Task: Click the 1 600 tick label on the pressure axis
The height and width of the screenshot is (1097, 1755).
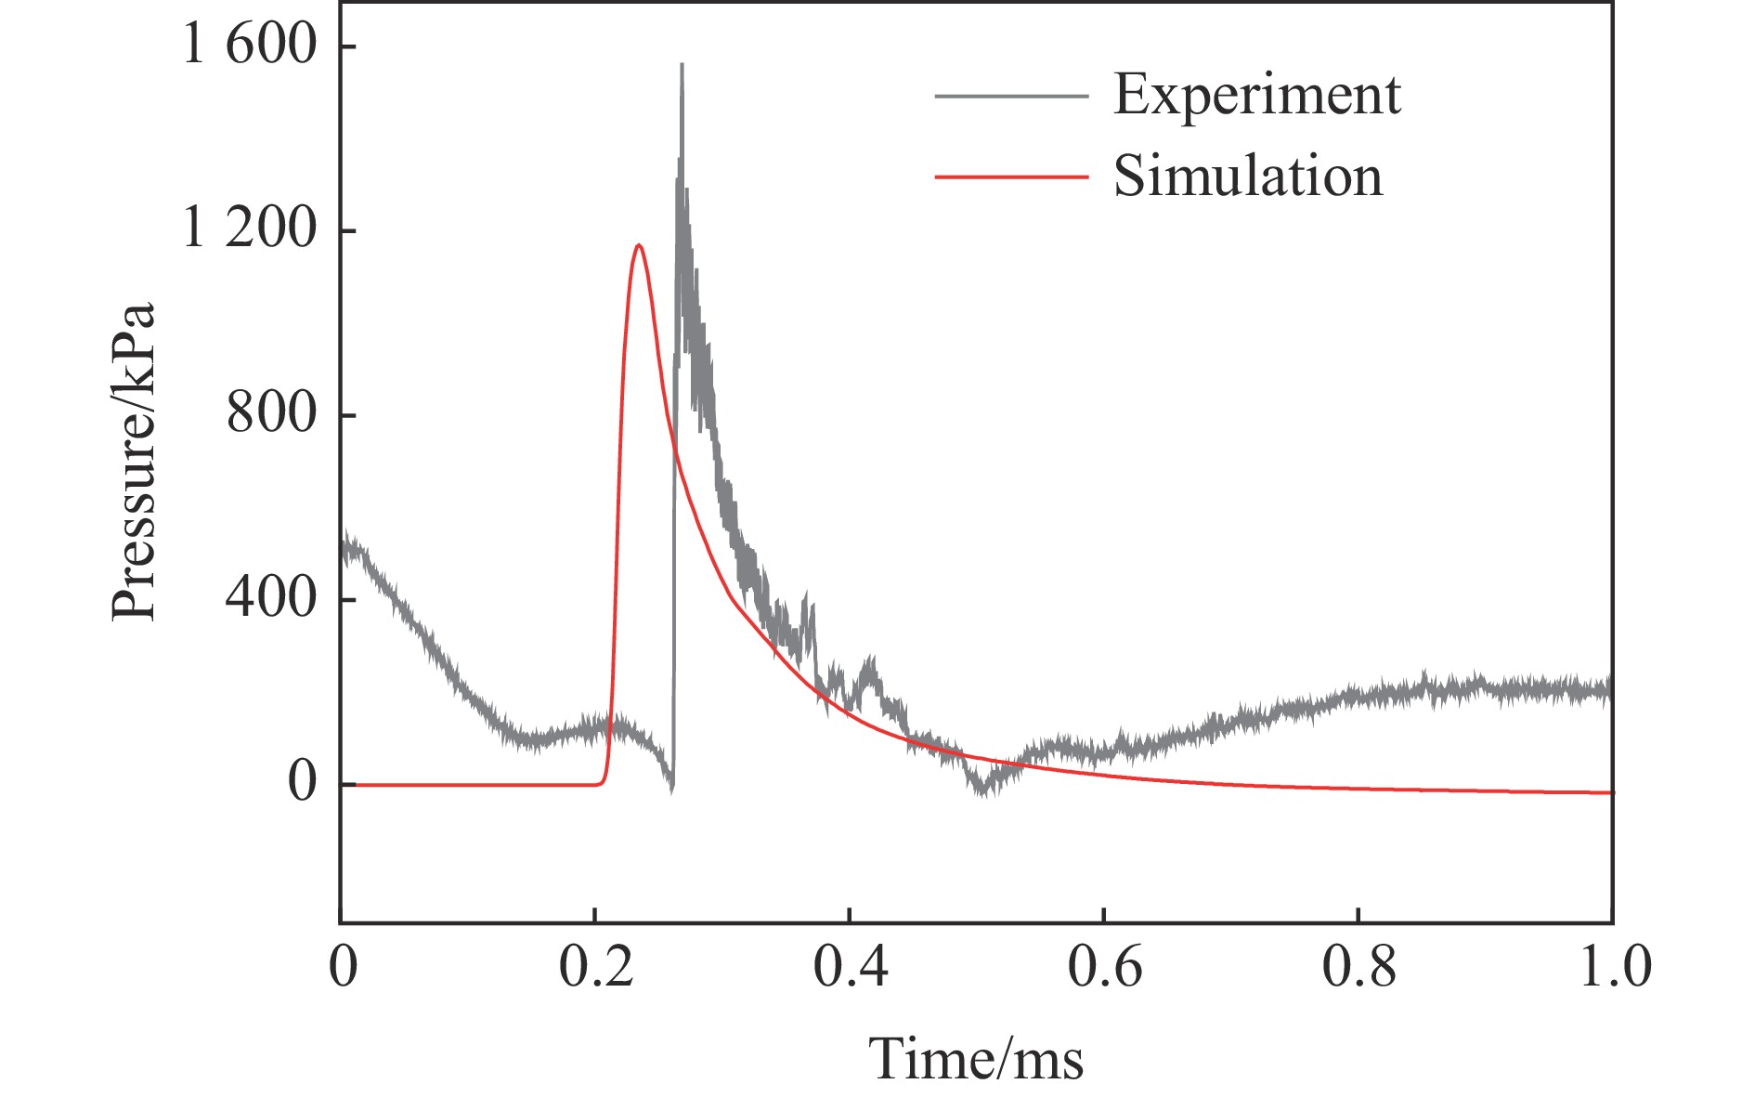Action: coord(250,45)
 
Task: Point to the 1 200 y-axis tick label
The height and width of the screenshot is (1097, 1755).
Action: coord(250,228)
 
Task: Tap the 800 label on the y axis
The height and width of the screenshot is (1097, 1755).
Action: coord(271,412)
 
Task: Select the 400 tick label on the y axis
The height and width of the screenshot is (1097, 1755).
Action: coord(271,597)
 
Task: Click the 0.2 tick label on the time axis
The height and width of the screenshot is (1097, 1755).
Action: coord(595,966)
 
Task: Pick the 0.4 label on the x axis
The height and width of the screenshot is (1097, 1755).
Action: coord(850,966)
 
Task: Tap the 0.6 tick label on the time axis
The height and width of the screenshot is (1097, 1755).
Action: coord(1104,966)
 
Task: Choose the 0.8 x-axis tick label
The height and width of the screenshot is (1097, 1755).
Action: coord(1358,966)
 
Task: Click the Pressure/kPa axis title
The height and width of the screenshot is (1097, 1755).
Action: coord(133,462)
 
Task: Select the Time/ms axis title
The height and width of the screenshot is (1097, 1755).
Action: coord(976,1059)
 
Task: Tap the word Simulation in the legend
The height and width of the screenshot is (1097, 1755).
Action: coord(1248,176)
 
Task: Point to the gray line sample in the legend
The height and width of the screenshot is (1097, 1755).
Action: coord(1010,96)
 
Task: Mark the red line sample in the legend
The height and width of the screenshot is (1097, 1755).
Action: coord(1010,176)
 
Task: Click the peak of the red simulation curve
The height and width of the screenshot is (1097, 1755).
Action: coord(639,245)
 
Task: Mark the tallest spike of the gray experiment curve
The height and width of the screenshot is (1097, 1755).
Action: coord(682,65)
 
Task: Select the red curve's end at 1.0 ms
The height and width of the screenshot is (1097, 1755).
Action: coord(1611,792)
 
